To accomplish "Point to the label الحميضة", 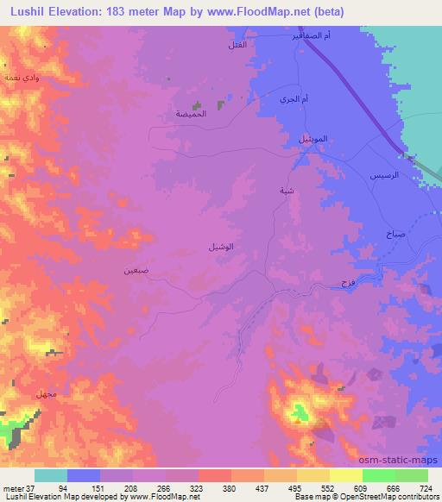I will coord(191,113).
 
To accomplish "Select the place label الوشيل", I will coord(221,248).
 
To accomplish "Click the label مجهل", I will coord(46,393).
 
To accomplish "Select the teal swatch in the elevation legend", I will coord(51,475).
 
